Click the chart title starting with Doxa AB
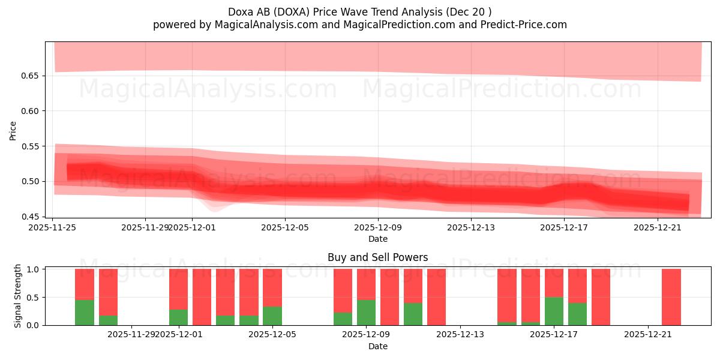(360, 11)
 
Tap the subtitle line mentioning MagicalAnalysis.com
(360, 25)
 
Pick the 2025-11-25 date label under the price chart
(53, 227)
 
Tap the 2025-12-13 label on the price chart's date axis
(471, 227)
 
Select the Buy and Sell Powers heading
(378, 257)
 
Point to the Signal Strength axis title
(18, 296)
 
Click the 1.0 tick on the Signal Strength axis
(34, 269)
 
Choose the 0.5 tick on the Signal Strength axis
(34, 297)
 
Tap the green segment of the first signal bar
(85, 313)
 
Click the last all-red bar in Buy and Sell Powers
(671, 297)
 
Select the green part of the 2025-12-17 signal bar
(554, 311)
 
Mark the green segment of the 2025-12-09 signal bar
(366, 313)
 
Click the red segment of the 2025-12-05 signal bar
(272, 287)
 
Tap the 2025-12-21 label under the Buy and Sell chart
(648, 335)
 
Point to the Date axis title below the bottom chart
(378, 346)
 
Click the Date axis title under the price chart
(378, 239)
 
